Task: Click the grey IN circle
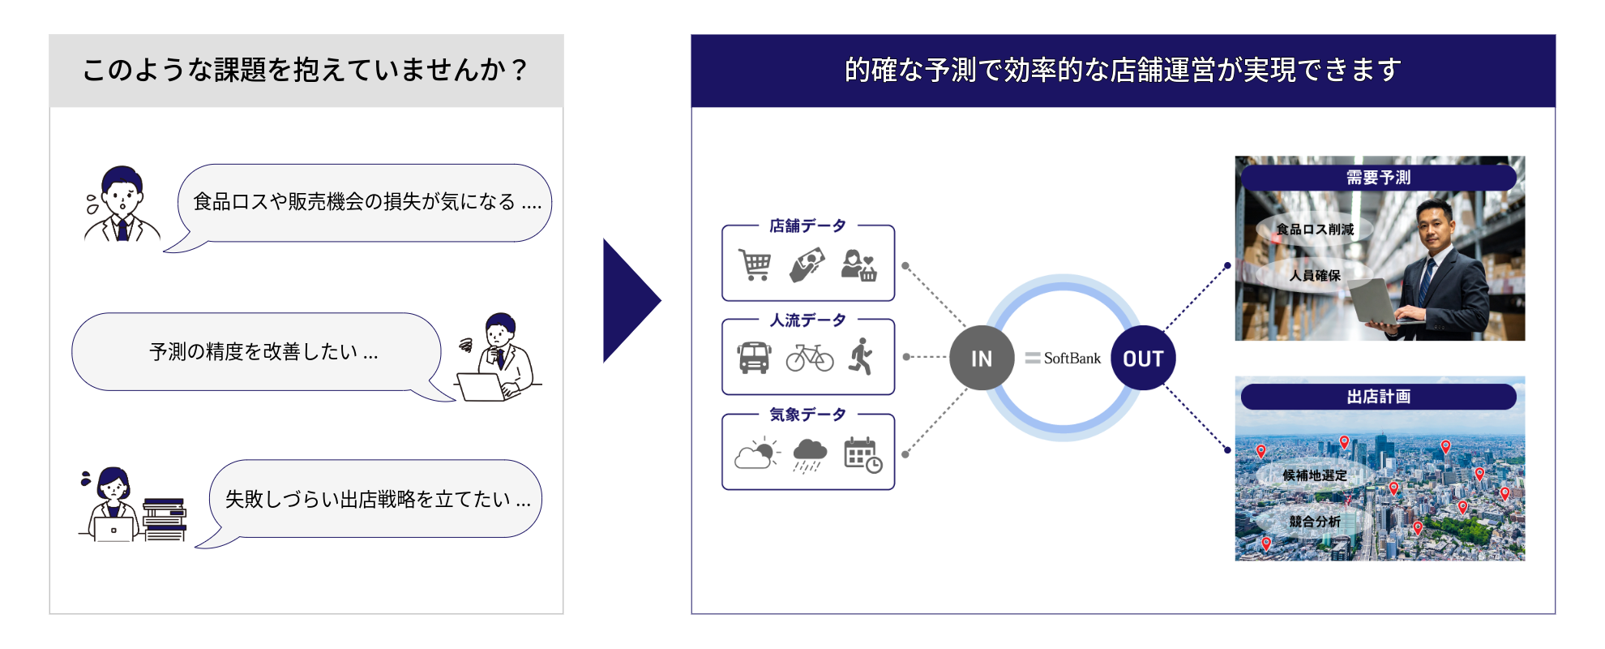pos(982,358)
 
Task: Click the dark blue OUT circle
pos(1143,358)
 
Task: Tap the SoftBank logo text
pos(1064,358)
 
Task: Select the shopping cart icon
pos(755,264)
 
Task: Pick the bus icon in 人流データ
pos(754,357)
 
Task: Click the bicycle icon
pos(809,357)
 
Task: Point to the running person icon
pos(862,357)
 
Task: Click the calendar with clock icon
pos(862,454)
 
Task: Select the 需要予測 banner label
pos(1378,178)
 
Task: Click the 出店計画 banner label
pos(1378,397)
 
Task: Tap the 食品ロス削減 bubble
pos(1315,230)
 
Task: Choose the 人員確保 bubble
pos(1315,276)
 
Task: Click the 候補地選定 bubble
pos(1315,475)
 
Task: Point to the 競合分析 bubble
pos(1315,522)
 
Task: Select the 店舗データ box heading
pos(807,226)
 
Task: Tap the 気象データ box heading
pos(807,415)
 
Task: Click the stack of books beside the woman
pos(165,519)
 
